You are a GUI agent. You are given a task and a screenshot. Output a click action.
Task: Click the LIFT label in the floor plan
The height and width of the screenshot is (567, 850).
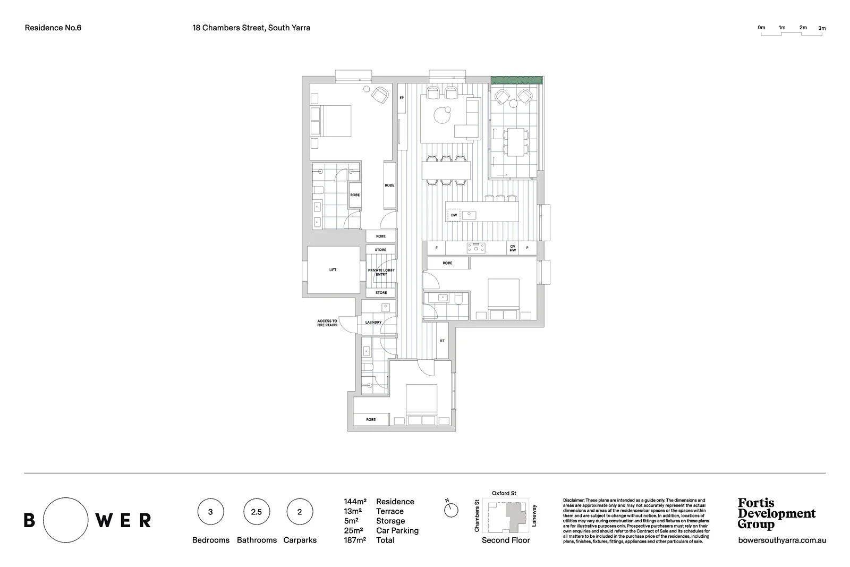coord(333,270)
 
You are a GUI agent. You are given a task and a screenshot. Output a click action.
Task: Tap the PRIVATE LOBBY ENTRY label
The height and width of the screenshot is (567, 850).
coord(381,272)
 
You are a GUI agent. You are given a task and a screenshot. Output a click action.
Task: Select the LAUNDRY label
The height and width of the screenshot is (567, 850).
coord(373,323)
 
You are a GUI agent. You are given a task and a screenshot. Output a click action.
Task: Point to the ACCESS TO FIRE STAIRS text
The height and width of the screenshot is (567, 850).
coord(327,323)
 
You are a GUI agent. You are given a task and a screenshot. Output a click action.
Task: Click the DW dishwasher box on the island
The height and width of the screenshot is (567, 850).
coord(454,215)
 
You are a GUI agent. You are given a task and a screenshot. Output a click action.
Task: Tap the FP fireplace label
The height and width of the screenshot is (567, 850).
coord(402,98)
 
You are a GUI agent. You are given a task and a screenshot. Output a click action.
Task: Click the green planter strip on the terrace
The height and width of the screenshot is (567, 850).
coord(516,80)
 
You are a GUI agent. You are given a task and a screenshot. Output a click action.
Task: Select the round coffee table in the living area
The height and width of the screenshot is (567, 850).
coord(441,115)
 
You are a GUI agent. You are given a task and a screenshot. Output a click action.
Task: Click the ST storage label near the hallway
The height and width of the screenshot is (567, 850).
coord(442,341)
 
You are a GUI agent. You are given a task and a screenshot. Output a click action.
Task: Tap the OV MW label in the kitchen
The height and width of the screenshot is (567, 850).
coord(513,248)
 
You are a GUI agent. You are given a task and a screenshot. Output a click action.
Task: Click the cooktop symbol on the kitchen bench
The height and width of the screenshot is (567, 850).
coord(476,248)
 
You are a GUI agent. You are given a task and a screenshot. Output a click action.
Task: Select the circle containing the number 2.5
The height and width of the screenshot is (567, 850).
coord(256,512)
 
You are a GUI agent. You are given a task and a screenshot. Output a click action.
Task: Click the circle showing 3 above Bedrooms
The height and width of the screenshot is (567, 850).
coord(210,512)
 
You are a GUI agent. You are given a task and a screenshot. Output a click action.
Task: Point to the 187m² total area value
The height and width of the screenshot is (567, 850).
coord(355,540)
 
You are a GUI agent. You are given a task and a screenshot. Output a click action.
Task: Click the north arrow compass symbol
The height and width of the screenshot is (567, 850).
coord(451,510)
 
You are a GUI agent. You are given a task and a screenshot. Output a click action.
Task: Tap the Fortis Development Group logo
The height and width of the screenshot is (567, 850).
coord(776,513)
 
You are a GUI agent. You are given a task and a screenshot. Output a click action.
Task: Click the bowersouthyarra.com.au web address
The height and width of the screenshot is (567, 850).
coord(782,540)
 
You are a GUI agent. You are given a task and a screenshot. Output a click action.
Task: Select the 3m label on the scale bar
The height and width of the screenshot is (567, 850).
coord(822,28)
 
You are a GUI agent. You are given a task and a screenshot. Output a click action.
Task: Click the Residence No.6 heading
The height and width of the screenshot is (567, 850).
coord(53,28)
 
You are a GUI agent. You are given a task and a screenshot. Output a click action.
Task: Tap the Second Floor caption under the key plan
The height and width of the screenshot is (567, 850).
coord(506,540)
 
